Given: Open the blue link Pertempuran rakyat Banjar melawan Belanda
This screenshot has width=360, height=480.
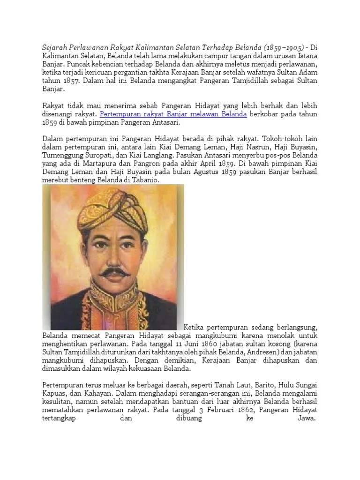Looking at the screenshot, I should pyautogui.click(x=173, y=114).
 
